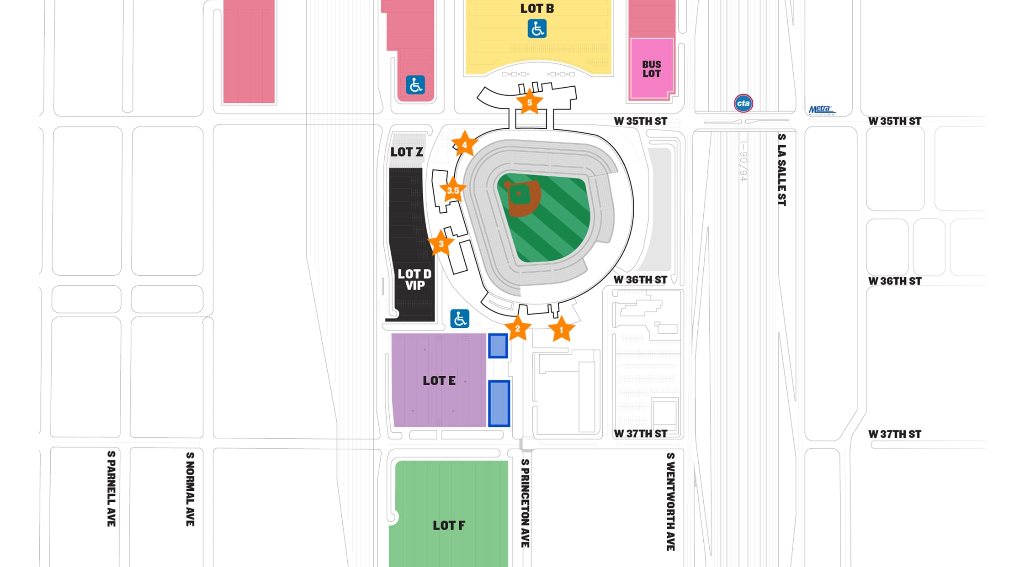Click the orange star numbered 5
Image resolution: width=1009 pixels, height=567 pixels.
[529, 103]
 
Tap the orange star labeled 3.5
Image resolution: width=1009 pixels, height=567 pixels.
[453, 190]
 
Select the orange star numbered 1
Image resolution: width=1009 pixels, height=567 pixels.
[561, 330]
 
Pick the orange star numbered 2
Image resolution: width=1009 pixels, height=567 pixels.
[517, 328]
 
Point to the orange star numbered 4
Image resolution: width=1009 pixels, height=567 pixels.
[464, 145]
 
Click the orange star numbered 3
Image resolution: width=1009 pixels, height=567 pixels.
[441, 244]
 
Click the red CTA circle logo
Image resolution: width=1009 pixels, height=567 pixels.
[743, 103]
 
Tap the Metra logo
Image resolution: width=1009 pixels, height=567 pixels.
[821, 110]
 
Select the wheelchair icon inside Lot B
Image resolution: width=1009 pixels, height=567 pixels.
[537, 29]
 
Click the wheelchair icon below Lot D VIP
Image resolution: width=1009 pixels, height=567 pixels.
[459, 319]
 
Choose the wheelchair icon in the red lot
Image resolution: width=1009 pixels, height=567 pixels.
[415, 85]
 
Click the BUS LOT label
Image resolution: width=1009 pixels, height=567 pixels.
[651, 69]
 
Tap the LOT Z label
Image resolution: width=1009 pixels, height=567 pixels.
[407, 152]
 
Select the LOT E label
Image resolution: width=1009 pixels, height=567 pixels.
[439, 381]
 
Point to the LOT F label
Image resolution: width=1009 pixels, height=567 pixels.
[449, 525]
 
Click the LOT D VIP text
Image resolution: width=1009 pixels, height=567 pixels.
[414, 279]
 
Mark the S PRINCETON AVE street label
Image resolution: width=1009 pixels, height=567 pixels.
[525, 503]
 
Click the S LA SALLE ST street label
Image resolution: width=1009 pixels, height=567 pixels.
[782, 169]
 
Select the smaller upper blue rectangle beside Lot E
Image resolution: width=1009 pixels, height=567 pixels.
[498, 346]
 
